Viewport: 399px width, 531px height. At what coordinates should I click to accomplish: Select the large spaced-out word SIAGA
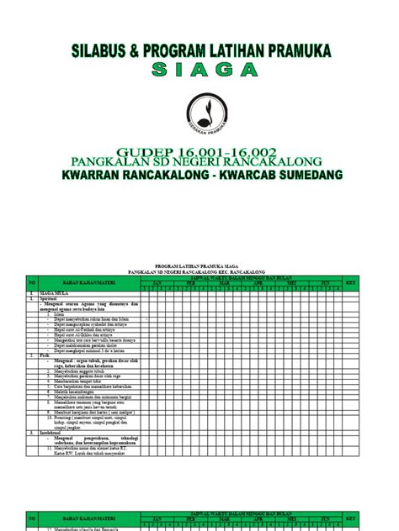pos(199,71)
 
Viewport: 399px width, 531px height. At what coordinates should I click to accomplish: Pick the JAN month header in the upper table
pos(156,284)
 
